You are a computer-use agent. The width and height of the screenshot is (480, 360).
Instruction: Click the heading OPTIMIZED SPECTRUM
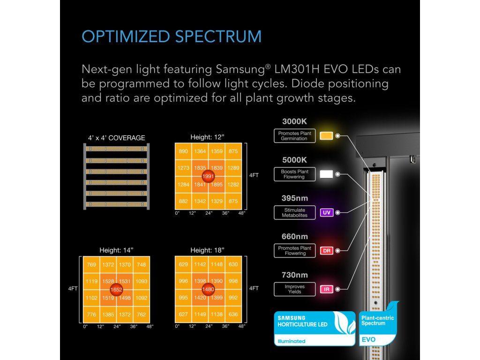[171, 37]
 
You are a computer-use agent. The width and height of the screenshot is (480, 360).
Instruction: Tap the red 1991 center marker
[208, 176]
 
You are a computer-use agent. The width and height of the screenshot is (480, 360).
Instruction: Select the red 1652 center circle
[117, 290]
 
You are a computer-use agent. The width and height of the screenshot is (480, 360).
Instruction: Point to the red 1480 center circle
[208, 290]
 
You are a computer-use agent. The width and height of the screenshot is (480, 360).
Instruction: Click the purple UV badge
[326, 212]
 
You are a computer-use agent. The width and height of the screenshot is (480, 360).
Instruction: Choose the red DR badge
[326, 251]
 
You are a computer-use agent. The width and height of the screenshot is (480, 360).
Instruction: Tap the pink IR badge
[326, 289]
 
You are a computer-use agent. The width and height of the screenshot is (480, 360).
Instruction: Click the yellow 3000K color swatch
[326, 136]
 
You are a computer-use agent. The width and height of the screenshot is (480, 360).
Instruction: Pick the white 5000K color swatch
[326, 174]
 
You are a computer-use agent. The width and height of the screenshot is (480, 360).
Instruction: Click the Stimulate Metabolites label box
[294, 212]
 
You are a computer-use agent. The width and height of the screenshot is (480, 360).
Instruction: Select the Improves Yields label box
[294, 289]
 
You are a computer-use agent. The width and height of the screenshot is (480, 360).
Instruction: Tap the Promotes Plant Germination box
[294, 136]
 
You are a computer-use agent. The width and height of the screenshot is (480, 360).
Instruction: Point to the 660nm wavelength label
[294, 237]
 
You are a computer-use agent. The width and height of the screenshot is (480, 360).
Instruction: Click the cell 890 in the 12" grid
[183, 151]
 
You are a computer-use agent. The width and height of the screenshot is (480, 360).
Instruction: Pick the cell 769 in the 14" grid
[92, 265]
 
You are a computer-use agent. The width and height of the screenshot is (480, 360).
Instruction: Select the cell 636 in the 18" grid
[233, 314]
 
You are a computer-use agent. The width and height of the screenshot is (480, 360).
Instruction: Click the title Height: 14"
[116, 250]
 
